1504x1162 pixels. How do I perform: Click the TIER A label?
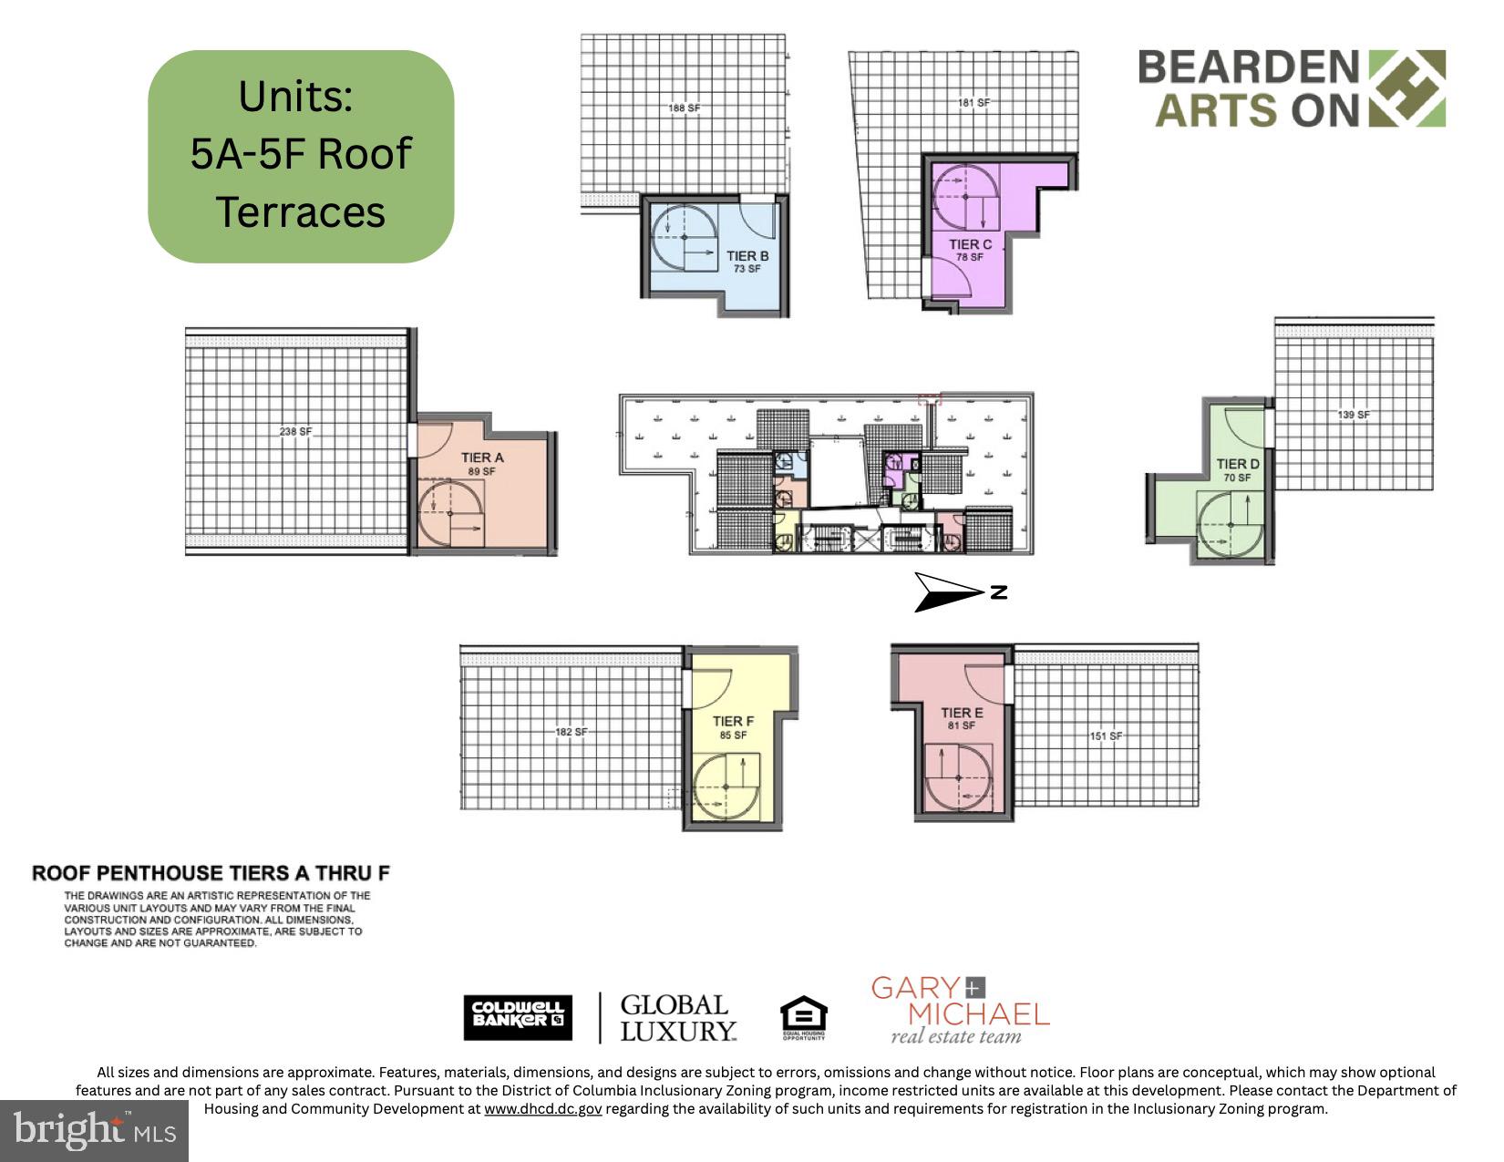(x=481, y=458)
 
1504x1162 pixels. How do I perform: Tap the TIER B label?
(x=747, y=256)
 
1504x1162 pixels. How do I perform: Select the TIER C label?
(x=970, y=244)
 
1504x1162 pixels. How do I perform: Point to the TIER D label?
(x=1238, y=464)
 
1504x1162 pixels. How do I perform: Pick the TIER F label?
(x=733, y=722)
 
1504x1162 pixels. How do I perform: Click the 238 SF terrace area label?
(x=295, y=431)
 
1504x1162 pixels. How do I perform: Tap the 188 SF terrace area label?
(x=684, y=108)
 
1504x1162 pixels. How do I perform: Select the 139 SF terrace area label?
(x=1354, y=415)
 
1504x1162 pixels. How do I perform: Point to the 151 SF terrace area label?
(x=1106, y=736)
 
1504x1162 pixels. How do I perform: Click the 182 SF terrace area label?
(x=572, y=732)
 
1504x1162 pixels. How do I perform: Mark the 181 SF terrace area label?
(x=973, y=103)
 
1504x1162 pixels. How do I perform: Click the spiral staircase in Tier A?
(x=451, y=515)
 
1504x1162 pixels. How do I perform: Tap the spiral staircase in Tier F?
(x=727, y=787)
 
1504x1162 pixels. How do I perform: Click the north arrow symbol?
(x=957, y=592)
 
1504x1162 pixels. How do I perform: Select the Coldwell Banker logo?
(x=518, y=1018)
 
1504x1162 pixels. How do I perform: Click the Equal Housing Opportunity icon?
(x=803, y=1018)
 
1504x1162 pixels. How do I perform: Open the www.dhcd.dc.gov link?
(x=542, y=1109)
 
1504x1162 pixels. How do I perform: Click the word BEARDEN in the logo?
(x=1248, y=67)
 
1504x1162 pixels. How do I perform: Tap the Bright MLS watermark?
(x=94, y=1131)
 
